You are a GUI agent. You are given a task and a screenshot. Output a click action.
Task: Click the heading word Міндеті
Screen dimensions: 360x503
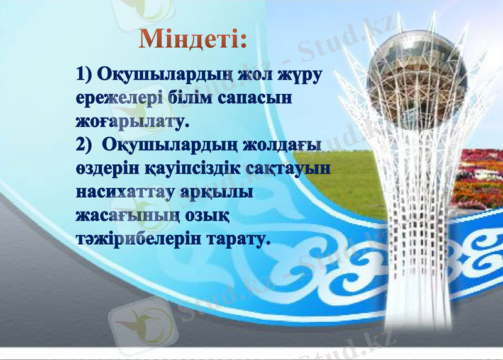click(192, 39)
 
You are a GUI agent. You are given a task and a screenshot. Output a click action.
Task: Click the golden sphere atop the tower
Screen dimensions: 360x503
click(417, 64)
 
